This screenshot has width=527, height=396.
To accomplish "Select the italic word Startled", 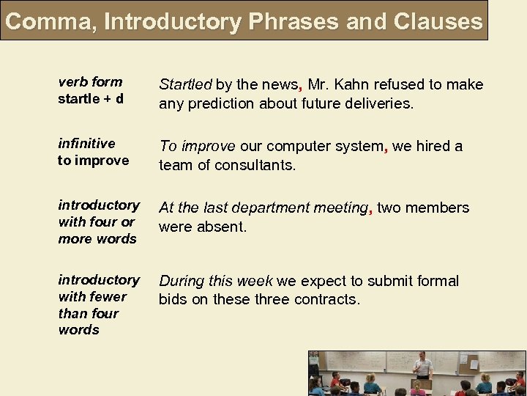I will pos(185,85).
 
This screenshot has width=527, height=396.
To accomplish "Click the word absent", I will pos(227,227).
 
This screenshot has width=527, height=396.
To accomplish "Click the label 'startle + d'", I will pos(91,99).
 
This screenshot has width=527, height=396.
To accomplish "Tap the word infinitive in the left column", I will pos(86,144).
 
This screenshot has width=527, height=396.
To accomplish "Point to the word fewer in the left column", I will pos(108,297).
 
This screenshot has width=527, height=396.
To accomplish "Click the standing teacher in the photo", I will pos(422,367).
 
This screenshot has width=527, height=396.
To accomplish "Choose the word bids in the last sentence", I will pos(173,300).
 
